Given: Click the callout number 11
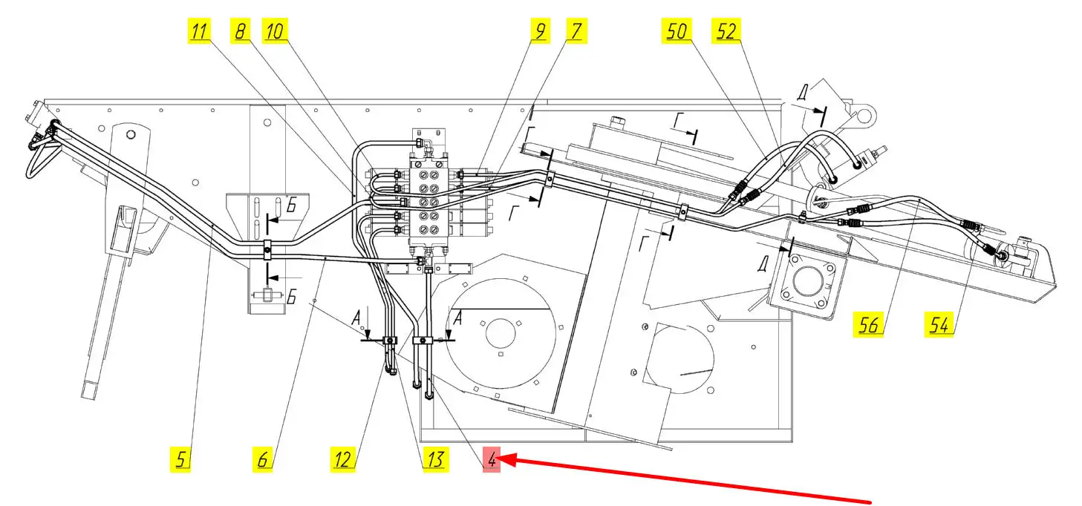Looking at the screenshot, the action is [200, 31].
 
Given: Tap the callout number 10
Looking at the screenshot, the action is [275, 31].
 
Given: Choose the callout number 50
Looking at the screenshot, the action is [677, 31].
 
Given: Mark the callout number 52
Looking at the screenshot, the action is [728, 31].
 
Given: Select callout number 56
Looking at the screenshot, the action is [870, 324].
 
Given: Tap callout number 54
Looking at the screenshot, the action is [939, 324].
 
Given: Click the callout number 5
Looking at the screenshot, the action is [181, 459].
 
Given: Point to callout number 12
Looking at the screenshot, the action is [342, 459].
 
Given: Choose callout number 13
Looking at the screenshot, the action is [434, 459].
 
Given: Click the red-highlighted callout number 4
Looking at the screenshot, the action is [491, 459].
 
